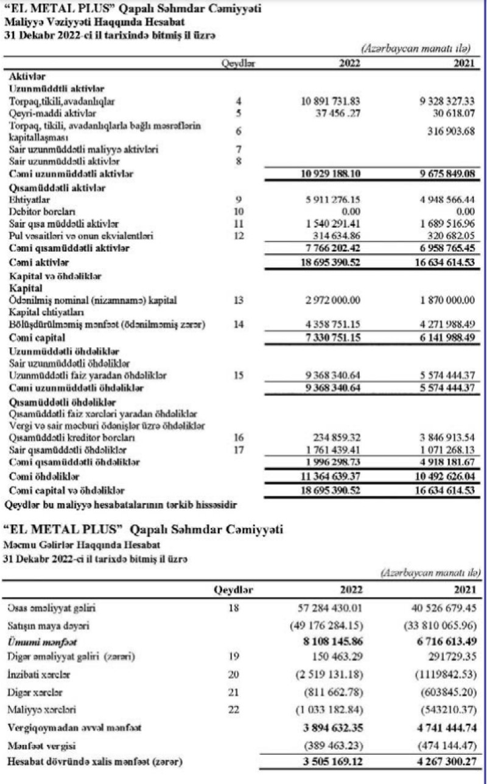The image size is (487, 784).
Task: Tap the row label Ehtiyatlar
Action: (x=29, y=199)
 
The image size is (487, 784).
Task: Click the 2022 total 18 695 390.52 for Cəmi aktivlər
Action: (x=331, y=263)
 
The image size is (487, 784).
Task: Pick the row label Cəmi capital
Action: (x=35, y=337)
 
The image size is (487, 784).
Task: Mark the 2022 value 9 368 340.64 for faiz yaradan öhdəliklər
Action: (x=331, y=375)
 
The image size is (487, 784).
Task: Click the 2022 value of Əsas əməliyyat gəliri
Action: (x=329, y=608)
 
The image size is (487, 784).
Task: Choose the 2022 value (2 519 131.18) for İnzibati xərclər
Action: (x=329, y=674)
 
